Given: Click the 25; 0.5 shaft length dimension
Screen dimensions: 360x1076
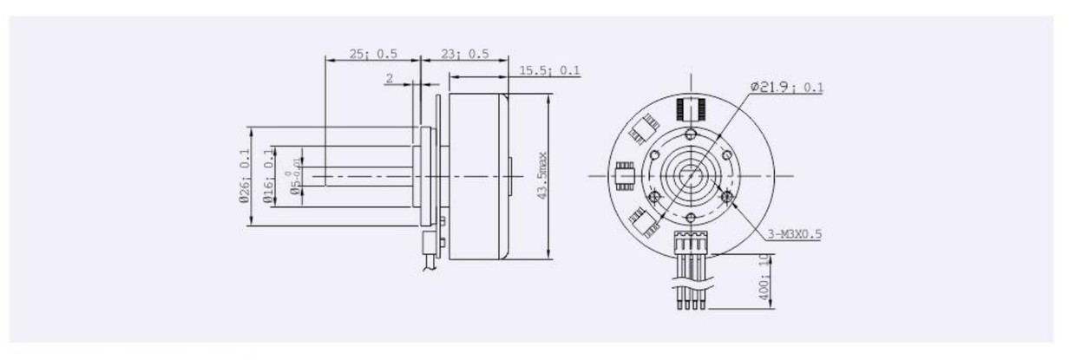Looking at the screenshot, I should pos(373,54).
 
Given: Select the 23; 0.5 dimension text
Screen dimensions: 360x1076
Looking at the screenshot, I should pos(464,54).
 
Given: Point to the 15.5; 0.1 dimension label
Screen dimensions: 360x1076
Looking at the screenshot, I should pos(549,70).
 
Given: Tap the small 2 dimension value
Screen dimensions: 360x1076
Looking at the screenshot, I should pos(390,78).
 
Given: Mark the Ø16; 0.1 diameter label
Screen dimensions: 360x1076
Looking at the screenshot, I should pos(268,176).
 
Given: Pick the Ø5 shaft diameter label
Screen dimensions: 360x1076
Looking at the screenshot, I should pos(297,176).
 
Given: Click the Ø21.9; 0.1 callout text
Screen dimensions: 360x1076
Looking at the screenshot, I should pos(786,87).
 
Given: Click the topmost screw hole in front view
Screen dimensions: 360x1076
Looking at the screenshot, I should pos(690,134).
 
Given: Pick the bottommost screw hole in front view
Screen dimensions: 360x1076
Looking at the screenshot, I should pos(690,217).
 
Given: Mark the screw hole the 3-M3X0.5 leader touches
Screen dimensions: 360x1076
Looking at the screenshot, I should pos(726,198).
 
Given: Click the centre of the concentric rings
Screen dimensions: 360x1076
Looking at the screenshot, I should pos(691,176).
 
